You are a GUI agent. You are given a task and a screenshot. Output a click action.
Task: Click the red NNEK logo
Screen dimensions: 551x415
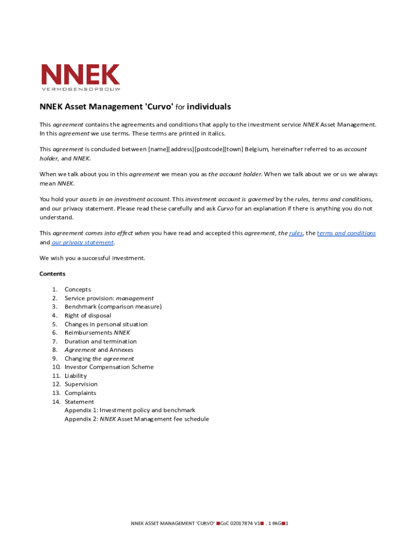81,75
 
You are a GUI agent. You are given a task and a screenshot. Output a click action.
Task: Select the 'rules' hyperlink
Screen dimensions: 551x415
296,234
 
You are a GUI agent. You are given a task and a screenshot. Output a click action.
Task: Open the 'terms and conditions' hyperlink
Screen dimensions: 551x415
346,234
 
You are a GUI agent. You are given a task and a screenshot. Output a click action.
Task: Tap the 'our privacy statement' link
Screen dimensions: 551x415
82,242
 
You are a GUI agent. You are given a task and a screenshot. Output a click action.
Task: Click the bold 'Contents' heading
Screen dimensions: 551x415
52,273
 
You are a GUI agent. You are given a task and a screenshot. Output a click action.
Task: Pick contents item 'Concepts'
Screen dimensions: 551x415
78,289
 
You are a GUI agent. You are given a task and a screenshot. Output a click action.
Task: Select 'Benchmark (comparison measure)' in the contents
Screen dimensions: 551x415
113,307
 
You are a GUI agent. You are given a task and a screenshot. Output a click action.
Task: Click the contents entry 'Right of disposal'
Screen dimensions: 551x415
88,315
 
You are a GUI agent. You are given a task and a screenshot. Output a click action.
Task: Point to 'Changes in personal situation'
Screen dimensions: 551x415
106,324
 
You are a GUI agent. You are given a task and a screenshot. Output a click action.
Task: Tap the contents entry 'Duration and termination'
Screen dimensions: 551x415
100,341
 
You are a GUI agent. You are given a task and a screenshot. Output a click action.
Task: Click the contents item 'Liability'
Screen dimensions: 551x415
75,376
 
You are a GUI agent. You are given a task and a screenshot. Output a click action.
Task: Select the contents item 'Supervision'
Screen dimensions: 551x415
81,384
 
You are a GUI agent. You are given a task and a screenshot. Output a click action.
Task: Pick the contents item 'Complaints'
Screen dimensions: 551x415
80,393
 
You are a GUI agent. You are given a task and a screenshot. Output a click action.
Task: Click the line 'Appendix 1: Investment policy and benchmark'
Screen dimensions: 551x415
130,410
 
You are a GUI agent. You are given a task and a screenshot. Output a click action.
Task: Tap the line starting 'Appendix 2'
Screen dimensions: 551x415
136,419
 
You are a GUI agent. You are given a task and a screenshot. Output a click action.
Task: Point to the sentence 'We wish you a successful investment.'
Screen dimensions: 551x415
92,258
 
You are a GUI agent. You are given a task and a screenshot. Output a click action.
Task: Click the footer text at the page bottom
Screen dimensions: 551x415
210,524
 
